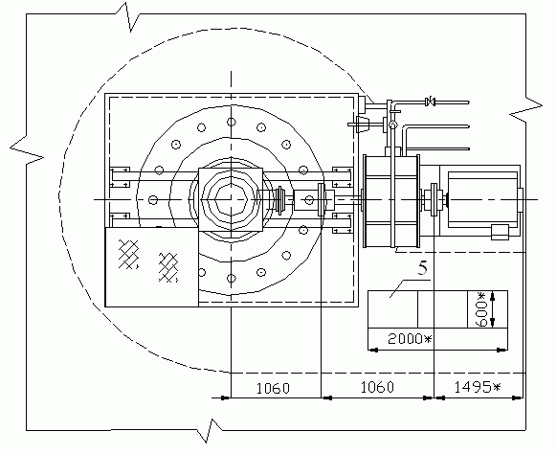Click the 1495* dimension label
478,387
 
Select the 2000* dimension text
410,339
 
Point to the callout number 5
423,268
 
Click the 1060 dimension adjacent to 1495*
377,387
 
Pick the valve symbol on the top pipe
430,102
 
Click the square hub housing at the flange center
231,200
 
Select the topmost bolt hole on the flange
232,122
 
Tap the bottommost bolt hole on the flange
232,278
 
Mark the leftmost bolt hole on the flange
153,200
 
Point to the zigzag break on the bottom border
210,431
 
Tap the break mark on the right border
525,109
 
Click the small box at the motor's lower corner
500,232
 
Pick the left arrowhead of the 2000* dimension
373,351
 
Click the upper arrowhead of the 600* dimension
492,296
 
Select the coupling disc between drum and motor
434,199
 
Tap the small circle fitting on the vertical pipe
392,125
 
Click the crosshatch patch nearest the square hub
168,267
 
